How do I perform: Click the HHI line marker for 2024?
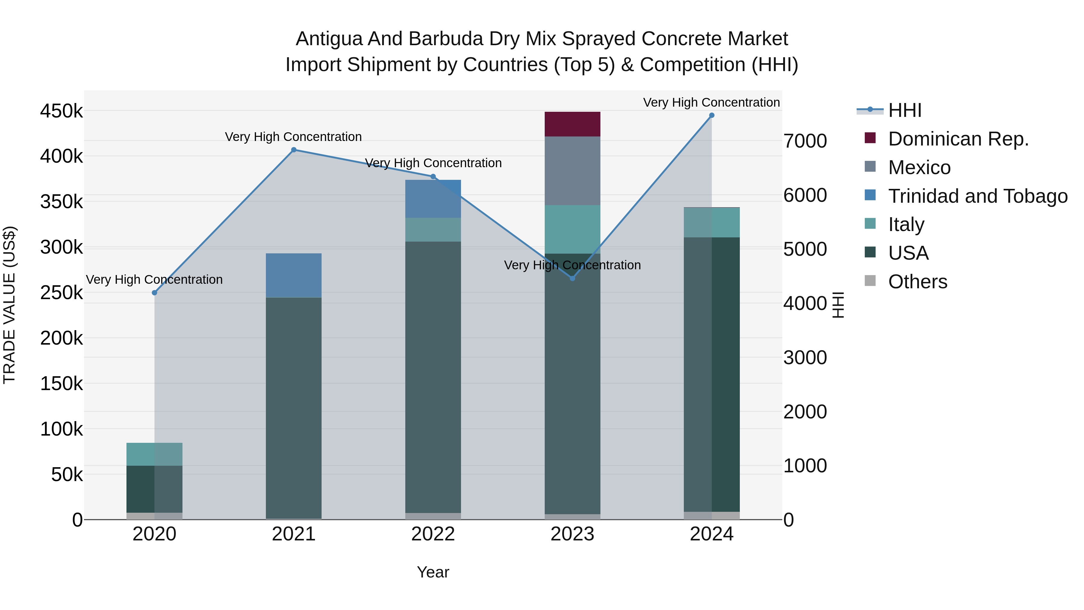tap(712, 115)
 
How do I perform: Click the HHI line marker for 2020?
tap(154, 292)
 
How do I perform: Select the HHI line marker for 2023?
tap(572, 278)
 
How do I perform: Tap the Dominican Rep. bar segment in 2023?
tap(572, 124)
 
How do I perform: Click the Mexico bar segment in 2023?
tap(572, 171)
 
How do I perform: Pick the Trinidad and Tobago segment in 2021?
tap(294, 275)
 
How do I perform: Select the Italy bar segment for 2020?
tap(154, 454)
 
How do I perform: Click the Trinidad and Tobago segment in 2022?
tap(433, 199)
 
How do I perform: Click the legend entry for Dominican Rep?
tap(958, 139)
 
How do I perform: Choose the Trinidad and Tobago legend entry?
tap(977, 196)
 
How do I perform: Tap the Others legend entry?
tap(917, 282)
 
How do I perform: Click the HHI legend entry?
tap(905, 110)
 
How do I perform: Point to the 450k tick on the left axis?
tap(61, 111)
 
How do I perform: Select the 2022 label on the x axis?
tap(433, 534)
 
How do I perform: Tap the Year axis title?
tap(433, 572)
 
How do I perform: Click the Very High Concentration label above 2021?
tap(293, 137)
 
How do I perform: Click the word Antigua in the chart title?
tap(329, 39)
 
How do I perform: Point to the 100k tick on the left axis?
tap(61, 429)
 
